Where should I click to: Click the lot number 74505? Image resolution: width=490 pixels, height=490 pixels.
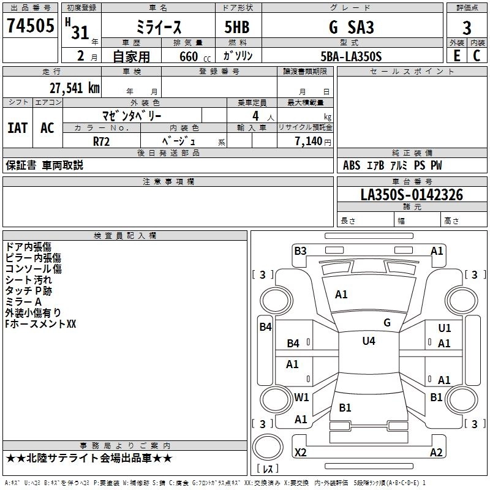[x=31, y=28]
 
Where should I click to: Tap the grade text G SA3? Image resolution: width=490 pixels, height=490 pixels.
[x=352, y=28]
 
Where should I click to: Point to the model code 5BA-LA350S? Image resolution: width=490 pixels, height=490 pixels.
[x=351, y=56]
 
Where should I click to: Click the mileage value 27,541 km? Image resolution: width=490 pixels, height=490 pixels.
[x=74, y=88]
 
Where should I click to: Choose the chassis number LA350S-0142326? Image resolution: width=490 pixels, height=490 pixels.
[x=412, y=195]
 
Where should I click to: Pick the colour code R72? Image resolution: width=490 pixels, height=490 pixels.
[x=102, y=140]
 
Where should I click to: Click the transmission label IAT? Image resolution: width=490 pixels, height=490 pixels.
[x=18, y=128]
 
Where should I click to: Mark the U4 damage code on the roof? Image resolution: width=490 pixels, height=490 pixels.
[x=369, y=341]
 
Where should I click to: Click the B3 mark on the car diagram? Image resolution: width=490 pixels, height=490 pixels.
[x=300, y=251]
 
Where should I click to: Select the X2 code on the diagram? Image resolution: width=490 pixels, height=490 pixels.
[x=300, y=453]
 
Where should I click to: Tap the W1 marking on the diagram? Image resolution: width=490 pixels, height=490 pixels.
[x=301, y=397]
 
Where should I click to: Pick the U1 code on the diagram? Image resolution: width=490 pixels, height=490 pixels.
[x=445, y=328]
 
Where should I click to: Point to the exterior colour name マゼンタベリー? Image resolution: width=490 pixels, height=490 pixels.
[x=132, y=115]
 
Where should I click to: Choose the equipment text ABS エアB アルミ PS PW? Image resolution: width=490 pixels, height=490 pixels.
[x=392, y=165]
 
